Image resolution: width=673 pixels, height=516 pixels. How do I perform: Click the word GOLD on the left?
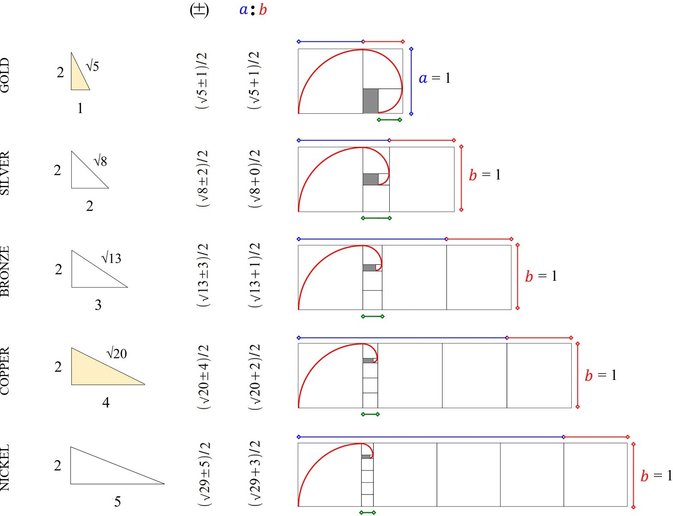5,76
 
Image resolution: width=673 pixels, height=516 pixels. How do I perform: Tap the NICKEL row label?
5,467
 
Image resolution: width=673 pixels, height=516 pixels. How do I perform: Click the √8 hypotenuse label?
100,161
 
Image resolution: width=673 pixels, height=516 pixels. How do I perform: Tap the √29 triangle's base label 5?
117,501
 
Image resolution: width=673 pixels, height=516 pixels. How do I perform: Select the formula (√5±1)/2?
202,81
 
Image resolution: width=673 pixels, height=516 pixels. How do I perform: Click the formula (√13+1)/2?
255,275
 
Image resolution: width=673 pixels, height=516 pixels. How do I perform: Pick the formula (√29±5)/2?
204,474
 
